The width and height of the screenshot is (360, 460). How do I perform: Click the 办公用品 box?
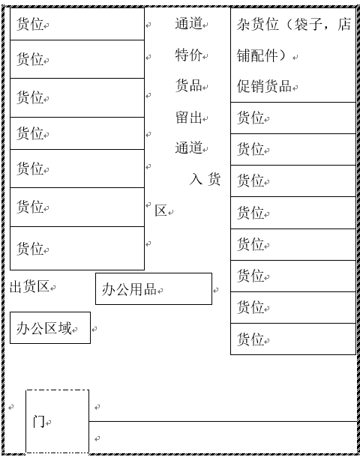point(154,288)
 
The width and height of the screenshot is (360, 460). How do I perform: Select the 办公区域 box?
point(50,327)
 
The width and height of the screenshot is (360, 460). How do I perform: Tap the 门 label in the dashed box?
point(39,422)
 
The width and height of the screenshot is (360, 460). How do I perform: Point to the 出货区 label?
point(29,286)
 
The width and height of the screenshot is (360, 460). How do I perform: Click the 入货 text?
point(205,179)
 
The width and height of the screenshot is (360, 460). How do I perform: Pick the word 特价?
point(189,55)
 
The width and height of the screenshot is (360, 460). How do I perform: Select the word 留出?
point(189,118)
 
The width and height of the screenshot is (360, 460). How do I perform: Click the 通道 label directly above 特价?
point(189,23)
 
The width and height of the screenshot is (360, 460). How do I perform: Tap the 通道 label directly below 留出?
point(189,148)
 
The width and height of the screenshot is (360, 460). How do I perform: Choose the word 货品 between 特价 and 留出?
point(189,85)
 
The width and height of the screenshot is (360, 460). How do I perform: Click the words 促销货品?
point(264,86)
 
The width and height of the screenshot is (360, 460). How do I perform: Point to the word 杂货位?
point(258,24)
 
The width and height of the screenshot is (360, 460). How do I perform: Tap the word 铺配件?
point(257,55)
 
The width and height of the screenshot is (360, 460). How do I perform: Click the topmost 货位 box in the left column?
point(77,24)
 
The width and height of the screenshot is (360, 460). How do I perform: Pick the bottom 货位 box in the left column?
point(77,248)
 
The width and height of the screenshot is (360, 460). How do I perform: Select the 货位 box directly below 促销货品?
point(293,118)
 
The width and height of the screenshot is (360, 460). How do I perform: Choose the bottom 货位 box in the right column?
point(293,339)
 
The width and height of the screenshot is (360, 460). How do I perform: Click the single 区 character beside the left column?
point(161,211)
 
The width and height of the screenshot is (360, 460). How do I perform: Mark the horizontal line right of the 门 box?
point(223,421)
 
